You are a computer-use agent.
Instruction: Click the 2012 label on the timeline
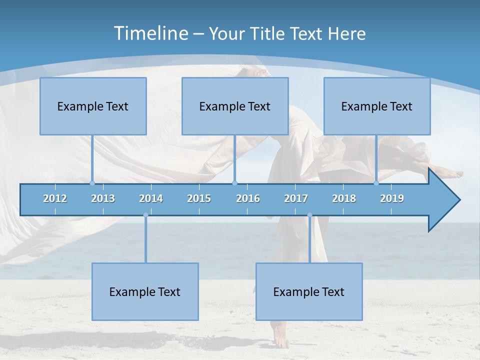(x=55, y=198)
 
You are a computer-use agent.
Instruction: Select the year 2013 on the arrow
(x=103, y=198)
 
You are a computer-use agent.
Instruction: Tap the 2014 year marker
(x=151, y=198)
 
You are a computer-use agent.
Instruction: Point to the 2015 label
(x=199, y=198)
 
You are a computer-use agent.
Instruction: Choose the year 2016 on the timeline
(x=248, y=198)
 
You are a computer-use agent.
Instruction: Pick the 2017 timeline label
(x=296, y=198)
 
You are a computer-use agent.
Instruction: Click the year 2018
(x=344, y=198)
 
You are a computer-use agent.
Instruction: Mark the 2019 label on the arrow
(x=392, y=198)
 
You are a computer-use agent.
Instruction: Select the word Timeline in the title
(x=150, y=33)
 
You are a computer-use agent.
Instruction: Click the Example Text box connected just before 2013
(x=93, y=106)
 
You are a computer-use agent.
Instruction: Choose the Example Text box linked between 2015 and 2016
(x=235, y=106)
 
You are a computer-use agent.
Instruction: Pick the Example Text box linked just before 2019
(x=377, y=106)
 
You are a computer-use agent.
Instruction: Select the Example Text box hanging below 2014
(x=145, y=291)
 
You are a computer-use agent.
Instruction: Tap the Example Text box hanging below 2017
(x=309, y=291)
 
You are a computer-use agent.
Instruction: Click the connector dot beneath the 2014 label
(x=145, y=215)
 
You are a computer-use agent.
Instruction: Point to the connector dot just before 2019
(x=376, y=183)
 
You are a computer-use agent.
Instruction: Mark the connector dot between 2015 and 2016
(x=235, y=183)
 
